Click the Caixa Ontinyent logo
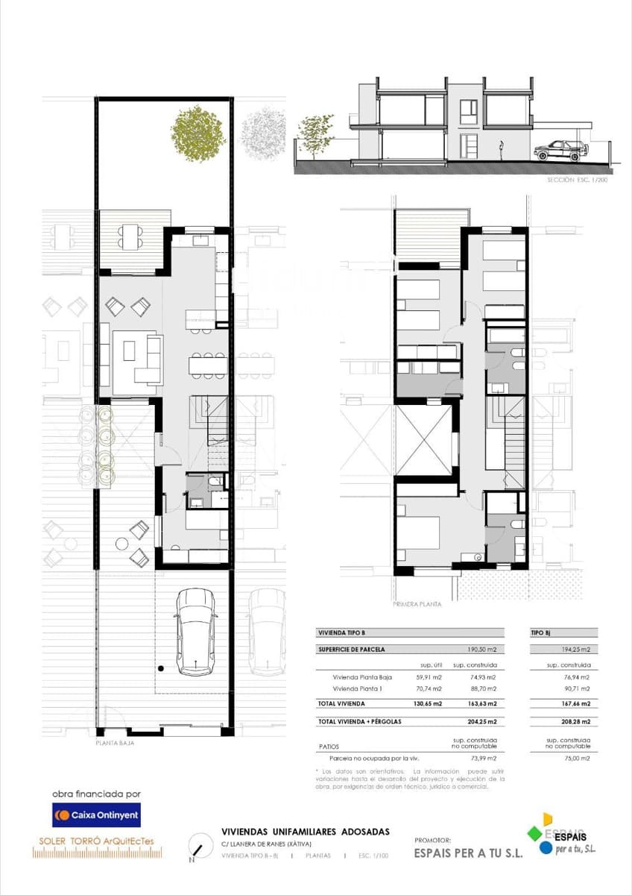coord(96,815)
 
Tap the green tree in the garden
coord(197,134)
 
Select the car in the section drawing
coord(560,150)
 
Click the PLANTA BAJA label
coord(115,743)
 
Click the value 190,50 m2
coord(482,650)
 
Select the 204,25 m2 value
coord(482,722)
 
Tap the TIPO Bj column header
coord(540,632)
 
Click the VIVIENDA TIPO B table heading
coord(342,632)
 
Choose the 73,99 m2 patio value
coord(482,758)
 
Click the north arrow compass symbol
coord(197,847)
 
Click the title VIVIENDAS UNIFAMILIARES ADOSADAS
coord(306,832)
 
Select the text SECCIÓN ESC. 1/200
coord(577,180)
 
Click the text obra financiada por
coord(96,794)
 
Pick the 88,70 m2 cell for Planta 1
coord(482,688)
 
